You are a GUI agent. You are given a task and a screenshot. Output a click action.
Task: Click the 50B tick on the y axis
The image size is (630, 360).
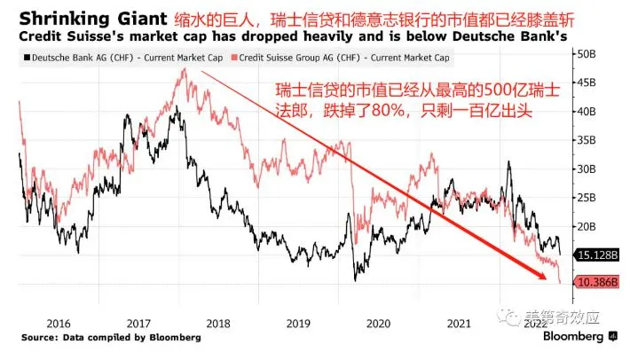tap(587, 54)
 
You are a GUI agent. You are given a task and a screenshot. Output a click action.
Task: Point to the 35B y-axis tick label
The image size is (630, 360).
tap(587, 140)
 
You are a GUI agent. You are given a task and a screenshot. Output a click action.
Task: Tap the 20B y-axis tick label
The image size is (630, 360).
tap(587, 226)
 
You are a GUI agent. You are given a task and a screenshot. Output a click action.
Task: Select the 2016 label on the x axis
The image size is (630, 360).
tap(58, 325)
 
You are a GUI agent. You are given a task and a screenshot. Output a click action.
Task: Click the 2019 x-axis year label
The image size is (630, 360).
tap(295, 325)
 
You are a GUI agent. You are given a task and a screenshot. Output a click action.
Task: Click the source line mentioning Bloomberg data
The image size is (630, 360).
tap(111, 338)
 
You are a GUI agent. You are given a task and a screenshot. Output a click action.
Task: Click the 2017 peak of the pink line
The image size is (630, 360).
tap(184, 69)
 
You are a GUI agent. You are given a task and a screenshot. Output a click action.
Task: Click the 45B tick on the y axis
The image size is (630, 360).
tap(587, 82)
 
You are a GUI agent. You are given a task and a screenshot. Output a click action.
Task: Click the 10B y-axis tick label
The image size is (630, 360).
tap(587, 283)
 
